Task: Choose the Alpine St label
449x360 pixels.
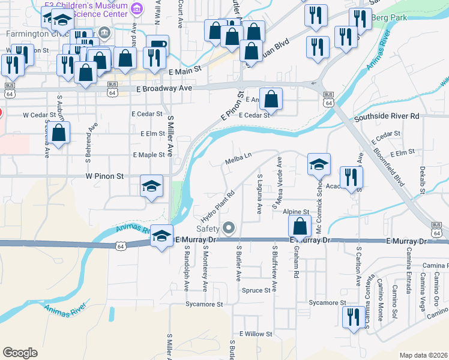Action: point(297,212)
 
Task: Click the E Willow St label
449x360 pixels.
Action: point(256,334)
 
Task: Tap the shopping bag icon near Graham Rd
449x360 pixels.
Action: point(300,226)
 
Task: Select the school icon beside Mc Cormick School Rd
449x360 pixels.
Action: point(319,164)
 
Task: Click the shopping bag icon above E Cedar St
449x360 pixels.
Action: point(271,100)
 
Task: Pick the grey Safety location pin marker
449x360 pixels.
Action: point(228,227)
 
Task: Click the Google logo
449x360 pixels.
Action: point(20,353)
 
